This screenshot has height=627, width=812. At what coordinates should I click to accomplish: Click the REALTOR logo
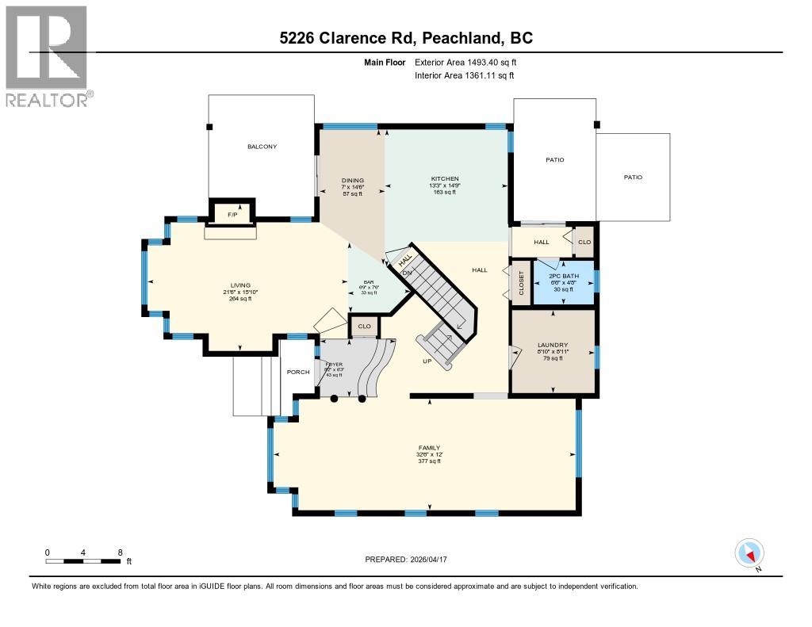[x=47, y=55]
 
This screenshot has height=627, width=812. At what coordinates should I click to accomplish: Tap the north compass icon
[x=749, y=552]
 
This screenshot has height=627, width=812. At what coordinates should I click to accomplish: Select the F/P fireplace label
[x=233, y=215]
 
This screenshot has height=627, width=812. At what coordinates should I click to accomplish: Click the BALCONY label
[x=262, y=147]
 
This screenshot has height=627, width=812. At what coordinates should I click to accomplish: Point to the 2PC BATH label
[x=564, y=276]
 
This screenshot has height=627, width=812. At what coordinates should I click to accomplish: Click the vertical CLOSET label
[x=522, y=282]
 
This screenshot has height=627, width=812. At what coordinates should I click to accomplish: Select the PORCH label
[x=298, y=371]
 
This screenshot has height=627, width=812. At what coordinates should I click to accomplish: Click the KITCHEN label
[x=445, y=179]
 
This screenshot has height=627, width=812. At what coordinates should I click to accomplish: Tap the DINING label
[x=352, y=180]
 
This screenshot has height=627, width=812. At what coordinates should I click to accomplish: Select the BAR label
[x=368, y=282]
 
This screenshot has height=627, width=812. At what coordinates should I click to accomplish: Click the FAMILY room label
[x=429, y=448]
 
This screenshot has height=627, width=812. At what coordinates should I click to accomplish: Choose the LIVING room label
[x=240, y=285]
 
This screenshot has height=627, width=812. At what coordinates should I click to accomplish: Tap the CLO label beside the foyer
[x=364, y=326]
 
